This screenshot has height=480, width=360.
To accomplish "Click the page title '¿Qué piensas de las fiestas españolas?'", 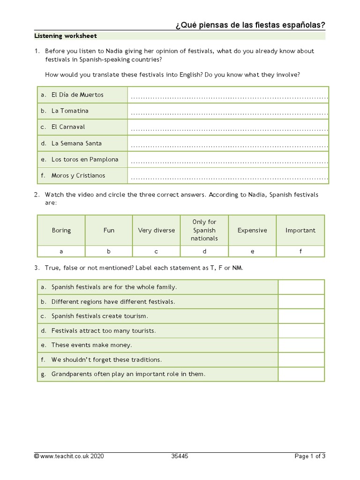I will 250,24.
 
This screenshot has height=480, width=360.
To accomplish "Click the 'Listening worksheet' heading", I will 66,36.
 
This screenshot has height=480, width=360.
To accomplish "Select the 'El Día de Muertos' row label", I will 77,95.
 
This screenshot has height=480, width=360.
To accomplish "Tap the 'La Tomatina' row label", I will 70,111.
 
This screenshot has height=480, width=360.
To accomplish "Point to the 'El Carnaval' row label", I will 68,127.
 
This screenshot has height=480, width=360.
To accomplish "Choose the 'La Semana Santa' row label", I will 76,143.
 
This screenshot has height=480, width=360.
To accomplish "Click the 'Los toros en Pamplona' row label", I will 85,159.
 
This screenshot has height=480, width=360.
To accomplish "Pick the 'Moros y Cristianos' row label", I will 78,176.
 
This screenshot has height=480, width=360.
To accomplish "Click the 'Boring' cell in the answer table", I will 61,230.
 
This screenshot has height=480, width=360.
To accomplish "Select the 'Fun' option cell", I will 109,230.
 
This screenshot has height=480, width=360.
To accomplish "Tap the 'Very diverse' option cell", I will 156,230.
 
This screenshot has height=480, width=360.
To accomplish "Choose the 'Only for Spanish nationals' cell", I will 204,230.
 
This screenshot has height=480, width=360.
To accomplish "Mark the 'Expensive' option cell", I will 252,230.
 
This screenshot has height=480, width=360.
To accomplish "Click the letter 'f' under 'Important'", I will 300,251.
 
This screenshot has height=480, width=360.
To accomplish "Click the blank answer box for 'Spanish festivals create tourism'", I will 301,316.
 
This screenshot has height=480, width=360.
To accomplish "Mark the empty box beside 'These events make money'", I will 301,345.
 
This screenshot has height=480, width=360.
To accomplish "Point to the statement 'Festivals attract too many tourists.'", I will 104,331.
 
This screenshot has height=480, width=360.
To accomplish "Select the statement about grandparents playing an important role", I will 128,374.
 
